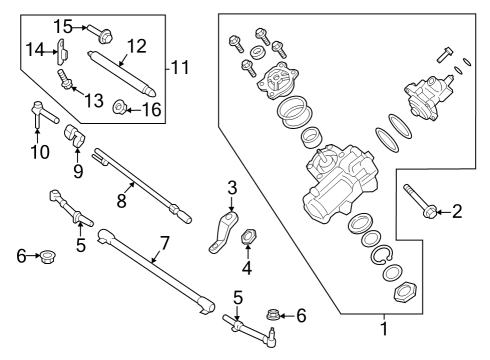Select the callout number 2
458,210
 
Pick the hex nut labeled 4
251,237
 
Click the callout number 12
137,45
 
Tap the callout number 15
62,24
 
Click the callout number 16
152,109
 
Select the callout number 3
231,186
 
